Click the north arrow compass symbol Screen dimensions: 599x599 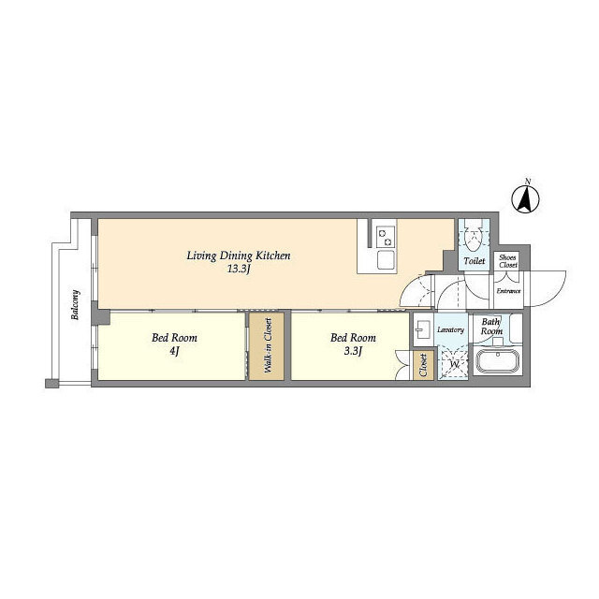click(525, 199)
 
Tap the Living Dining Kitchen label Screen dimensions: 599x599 click(239, 256)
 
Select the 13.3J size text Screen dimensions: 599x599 click(239, 270)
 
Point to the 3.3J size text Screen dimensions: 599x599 click(353, 351)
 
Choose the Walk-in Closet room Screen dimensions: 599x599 click(267, 346)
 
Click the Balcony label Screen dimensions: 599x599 click(75, 304)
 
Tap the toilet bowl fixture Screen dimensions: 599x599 click(474, 237)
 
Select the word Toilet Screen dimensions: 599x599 click(475, 261)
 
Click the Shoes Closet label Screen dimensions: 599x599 click(508, 261)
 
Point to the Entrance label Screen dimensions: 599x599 click(508, 291)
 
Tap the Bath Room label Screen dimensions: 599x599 click(491, 327)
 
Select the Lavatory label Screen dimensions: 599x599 click(451, 329)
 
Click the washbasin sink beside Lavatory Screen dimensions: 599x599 click(422, 329)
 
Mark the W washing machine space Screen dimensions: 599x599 click(453, 363)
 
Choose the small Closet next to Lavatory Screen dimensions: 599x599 click(424, 366)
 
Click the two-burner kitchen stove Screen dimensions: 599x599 click(386, 237)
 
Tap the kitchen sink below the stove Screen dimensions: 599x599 click(387, 260)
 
